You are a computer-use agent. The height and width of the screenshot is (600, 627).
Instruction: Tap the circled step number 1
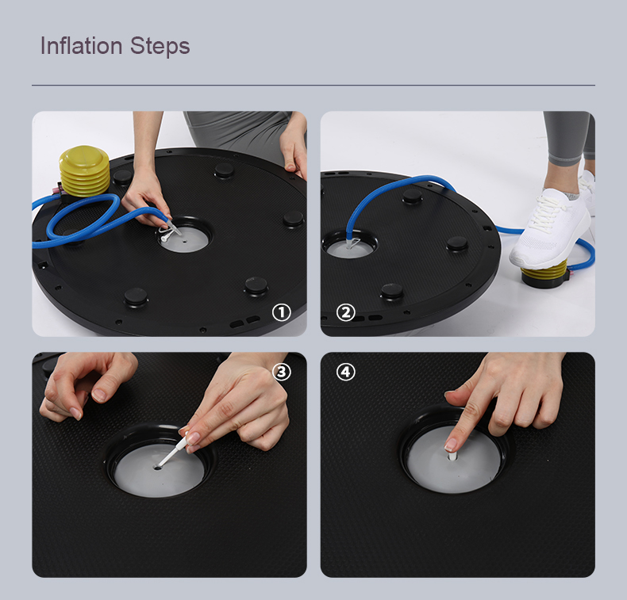tap(280, 312)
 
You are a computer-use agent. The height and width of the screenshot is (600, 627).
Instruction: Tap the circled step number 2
tap(345, 312)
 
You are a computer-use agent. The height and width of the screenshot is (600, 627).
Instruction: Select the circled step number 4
tap(345, 372)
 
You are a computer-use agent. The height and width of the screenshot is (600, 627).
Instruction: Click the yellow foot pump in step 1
tap(85, 170)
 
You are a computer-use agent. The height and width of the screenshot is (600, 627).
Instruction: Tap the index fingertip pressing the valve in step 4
tap(451, 445)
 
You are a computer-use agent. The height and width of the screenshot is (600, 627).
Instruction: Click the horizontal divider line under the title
tap(313, 85)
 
